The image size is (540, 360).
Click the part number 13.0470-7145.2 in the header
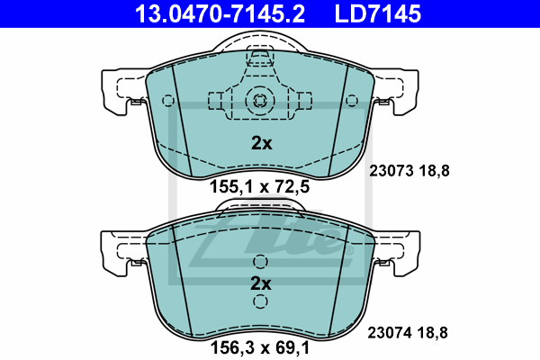pos(220,14)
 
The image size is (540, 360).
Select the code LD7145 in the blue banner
pos(378,14)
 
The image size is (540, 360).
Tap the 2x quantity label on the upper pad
pos(261,143)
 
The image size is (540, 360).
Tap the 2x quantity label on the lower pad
pos(261,283)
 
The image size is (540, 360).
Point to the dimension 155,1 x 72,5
pos(260,186)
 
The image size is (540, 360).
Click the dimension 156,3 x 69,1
pos(260,347)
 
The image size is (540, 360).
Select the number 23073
pos(391,171)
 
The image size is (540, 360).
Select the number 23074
pos(390,333)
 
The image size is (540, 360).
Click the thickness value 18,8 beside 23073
pos(435,171)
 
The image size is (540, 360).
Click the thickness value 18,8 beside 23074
pos(433,333)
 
